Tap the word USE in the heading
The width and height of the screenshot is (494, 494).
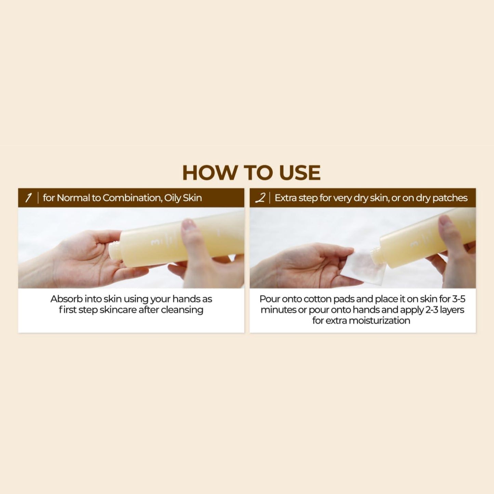pos(299,173)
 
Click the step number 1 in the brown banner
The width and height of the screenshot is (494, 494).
pos(28,198)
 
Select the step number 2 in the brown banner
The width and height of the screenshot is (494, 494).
pos(261,198)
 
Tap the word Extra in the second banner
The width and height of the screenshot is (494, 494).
pos(284,198)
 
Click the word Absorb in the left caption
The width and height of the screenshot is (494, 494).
pos(67,299)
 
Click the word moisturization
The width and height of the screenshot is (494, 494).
pos(379,320)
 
